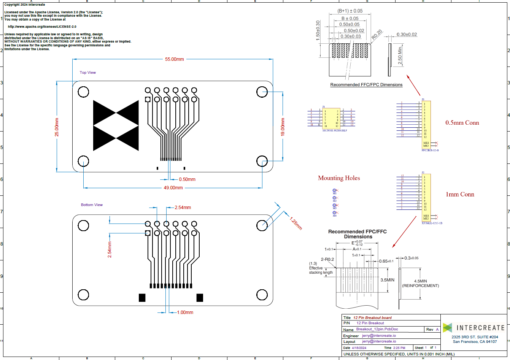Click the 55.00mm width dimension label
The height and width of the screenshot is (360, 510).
pos(174,59)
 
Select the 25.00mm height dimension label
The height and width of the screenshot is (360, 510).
pos(57,127)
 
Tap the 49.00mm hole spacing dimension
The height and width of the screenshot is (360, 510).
pos(173,188)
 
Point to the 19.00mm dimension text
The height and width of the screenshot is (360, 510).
pos(283,128)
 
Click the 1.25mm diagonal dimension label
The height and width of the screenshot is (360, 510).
pos(296,223)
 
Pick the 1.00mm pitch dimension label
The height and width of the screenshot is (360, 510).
pos(185,312)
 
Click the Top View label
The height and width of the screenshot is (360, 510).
pos(88,73)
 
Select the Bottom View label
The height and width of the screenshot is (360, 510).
pos(92,205)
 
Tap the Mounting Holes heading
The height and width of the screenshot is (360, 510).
pos(339,178)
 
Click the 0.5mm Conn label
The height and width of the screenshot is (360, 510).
pos(462,123)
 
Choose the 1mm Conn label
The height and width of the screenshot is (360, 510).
pos(460,194)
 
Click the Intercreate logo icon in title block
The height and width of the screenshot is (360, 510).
pos(448,327)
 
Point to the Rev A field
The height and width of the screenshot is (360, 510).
pos(432,330)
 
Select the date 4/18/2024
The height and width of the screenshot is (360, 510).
pos(359,348)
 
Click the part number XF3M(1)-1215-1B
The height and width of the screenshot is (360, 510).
pos(432,224)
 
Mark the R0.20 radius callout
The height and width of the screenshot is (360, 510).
pos(377,35)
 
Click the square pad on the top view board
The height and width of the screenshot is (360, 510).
pos(148,100)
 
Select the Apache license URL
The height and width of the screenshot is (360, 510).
pos(42,27)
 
